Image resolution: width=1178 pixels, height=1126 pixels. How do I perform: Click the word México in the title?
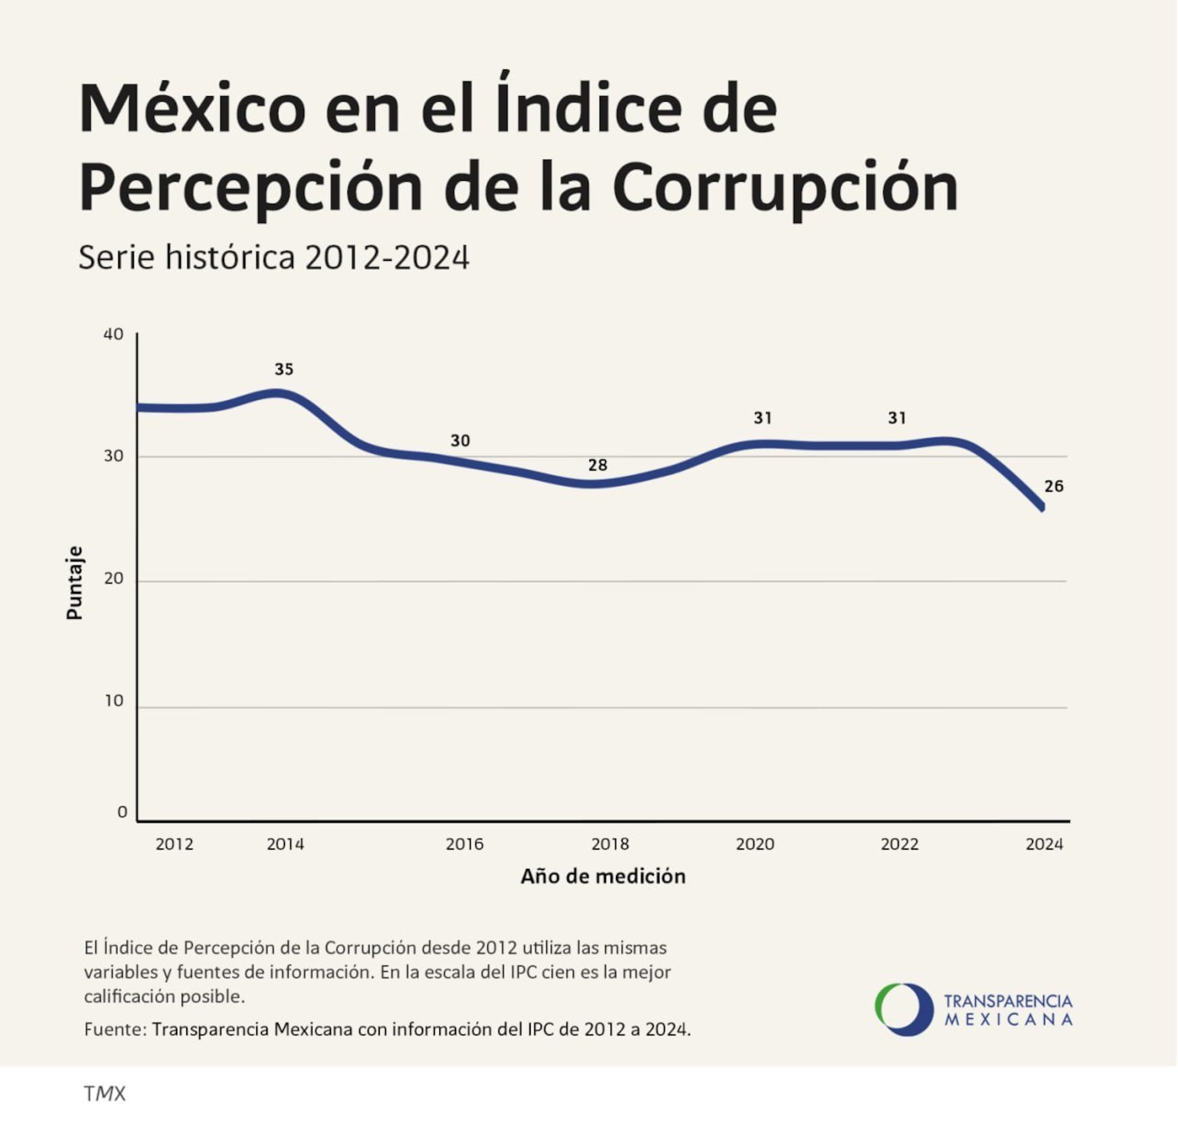pyautogui.click(x=192, y=110)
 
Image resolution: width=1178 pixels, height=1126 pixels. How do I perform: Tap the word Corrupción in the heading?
pyautogui.click(x=785, y=187)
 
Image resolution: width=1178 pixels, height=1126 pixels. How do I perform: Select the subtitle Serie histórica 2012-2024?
pyautogui.click(x=273, y=258)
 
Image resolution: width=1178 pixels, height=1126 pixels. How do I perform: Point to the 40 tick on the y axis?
pyautogui.click(x=113, y=335)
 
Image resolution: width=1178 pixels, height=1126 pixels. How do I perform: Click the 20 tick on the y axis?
pyautogui.click(x=113, y=579)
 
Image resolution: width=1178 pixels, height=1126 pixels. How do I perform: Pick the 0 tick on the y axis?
pyautogui.click(x=122, y=812)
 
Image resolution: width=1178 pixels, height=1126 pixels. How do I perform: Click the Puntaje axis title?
pyautogui.click(x=74, y=582)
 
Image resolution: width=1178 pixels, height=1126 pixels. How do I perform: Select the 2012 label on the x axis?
pyautogui.click(x=174, y=844)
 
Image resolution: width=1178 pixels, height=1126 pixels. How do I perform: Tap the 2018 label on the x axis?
pyautogui.click(x=610, y=844)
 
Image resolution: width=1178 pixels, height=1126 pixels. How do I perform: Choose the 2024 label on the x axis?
pyautogui.click(x=1044, y=844)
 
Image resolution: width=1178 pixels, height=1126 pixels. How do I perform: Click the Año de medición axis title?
pyautogui.click(x=603, y=877)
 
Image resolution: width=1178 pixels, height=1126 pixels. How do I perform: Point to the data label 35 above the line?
pyautogui.click(x=284, y=370)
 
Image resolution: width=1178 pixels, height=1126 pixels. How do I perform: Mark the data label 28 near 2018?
pyautogui.click(x=597, y=465)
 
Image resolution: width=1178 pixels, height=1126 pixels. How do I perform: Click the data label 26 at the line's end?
pyautogui.click(x=1054, y=486)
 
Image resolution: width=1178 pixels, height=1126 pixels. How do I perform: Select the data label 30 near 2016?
pyautogui.click(x=460, y=441)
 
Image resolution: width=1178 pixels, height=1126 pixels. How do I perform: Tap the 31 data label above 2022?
pyautogui.click(x=897, y=418)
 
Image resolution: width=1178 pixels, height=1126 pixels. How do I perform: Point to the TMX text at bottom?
pyautogui.click(x=105, y=1094)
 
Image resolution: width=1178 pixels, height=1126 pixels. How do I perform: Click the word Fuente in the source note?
pyautogui.click(x=115, y=1029)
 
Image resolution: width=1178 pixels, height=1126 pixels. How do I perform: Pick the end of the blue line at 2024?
pyautogui.click(x=1042, y=507)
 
